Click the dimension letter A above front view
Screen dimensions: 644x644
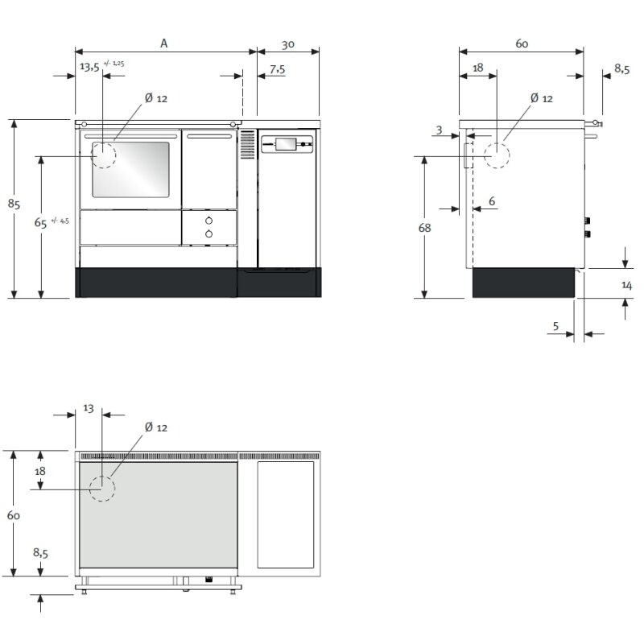(x=163, y=44)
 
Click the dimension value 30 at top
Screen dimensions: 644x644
(x=287, y=44)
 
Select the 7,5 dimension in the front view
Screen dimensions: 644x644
(x=276, y=70)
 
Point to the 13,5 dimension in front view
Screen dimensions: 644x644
(x=89, y=68)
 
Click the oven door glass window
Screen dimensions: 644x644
(x=130, y=169)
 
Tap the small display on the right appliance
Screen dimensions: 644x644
(x=285, y=144)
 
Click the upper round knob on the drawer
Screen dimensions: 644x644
(x=209, y=221)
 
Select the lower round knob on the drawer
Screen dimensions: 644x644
(x=209, y=233)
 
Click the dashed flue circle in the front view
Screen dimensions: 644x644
(x=103, y=155)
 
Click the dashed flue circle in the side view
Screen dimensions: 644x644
(x=497, y=155)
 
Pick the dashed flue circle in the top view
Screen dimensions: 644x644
(x=102, y=489)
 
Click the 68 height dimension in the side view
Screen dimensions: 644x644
(x=424, y=228)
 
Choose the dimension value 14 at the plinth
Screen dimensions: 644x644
(x=626, y=285)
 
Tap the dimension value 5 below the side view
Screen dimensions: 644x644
(x=555, y=326)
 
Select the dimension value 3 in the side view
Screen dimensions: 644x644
(x=439, y=130)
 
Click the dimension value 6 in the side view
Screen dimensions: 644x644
(x=491, y=200)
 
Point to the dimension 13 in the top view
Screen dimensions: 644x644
(x=89, y=408)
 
